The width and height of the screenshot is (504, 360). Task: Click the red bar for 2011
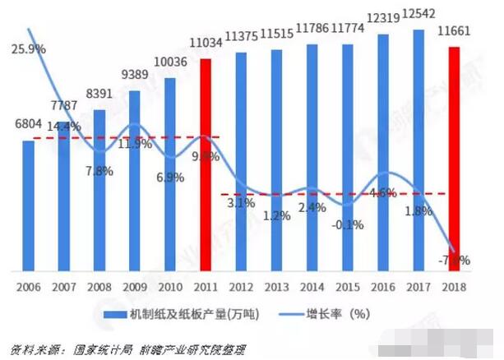tap(206, 164)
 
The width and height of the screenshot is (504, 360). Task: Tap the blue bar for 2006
tap(28, 205)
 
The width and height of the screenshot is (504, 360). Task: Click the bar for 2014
tap(312, 156)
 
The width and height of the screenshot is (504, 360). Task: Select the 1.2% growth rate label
tap(275, 216)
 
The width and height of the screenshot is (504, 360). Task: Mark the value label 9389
tap(134, 76)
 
